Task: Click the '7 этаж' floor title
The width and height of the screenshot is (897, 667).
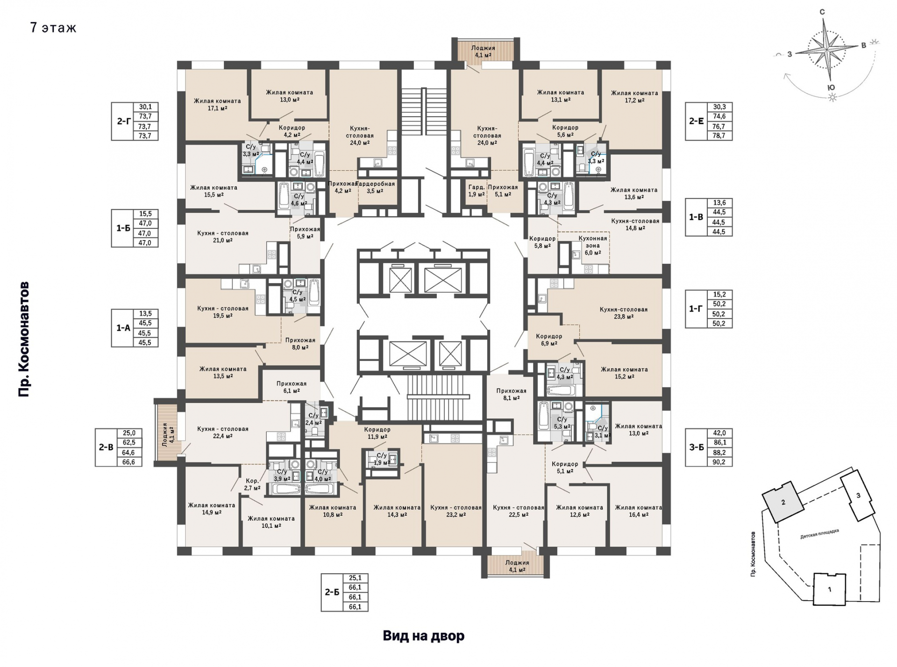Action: point(53,28)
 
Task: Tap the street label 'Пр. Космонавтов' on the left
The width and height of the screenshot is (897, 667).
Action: point(24,339)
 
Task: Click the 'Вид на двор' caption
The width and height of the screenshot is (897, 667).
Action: point(424,636)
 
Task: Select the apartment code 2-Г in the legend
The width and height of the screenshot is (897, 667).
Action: point(123,121)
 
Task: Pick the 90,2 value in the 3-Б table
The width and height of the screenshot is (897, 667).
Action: point(720,462)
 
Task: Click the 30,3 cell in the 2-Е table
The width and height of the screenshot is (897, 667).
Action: point(719,107)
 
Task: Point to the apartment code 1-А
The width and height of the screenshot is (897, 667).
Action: point(123,328)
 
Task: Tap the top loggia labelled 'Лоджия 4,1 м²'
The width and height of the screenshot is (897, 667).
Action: point(483,51)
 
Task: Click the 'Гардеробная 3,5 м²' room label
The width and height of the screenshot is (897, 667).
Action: point(377,187)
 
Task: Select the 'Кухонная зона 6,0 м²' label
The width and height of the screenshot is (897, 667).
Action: point(593,245)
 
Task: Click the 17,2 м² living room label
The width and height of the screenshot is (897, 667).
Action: point(634,96)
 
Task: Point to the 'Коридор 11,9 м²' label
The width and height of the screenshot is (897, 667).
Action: point(377,433)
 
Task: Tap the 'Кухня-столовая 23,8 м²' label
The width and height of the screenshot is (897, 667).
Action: point(624,313)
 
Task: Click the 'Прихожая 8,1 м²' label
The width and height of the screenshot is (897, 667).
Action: point(511,395)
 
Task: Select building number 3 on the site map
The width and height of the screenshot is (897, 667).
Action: point(858,496)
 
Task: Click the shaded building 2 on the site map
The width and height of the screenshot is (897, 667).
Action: point(783,502)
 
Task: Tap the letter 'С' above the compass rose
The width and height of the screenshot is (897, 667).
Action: point(822,12)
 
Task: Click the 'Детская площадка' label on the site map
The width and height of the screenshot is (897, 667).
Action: point(819,534)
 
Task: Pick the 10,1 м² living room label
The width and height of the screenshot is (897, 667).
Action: point(271,522)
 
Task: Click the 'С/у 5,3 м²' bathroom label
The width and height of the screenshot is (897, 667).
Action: point(562,423)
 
